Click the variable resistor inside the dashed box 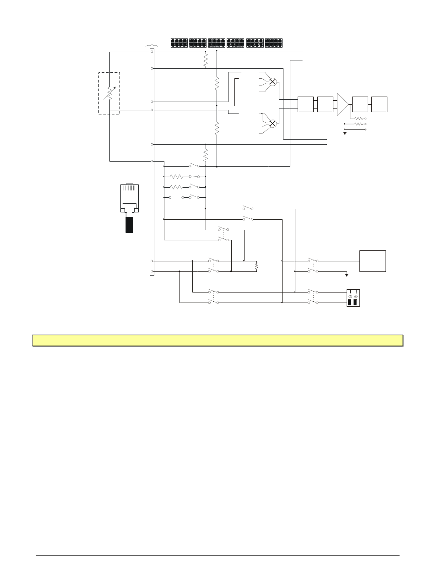point(109,93)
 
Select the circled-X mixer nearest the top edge point(272,81)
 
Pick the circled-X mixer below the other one point(272,123)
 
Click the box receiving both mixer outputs point(305,104)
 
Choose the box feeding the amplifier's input point(325,104)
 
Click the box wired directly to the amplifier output point(360,104)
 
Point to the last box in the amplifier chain point(380,104)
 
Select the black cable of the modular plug point(129,224)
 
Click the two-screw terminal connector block point(353,298)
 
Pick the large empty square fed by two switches point(373,261)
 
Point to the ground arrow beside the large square point(347,275)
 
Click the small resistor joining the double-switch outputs point(257,265)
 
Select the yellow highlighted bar point(217,341)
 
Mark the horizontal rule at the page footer point(217,556)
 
